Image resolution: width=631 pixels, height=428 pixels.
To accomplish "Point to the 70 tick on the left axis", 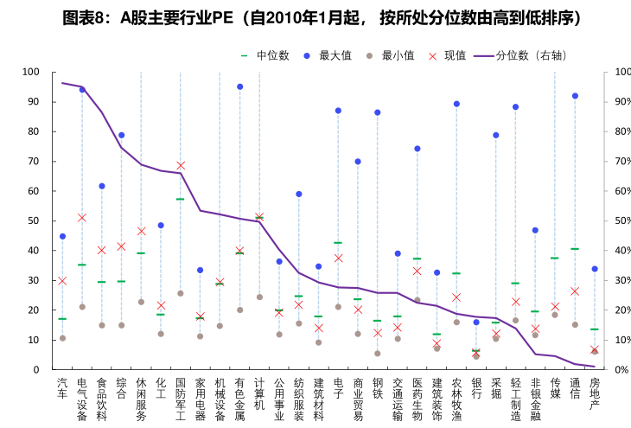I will point(34,161).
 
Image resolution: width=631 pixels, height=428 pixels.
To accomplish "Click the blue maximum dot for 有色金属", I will point(239,86).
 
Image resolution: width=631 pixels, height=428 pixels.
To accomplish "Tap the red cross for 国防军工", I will point(181,165).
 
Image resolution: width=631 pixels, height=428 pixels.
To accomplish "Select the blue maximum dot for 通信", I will point(575,96).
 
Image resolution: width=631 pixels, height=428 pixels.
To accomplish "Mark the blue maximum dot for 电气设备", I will point(82,90).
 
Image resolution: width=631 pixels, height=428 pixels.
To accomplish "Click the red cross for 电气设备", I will point(82,218).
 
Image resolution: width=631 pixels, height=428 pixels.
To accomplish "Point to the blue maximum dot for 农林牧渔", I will point(456,104).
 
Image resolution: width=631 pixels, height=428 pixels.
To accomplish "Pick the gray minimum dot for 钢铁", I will point(378,353).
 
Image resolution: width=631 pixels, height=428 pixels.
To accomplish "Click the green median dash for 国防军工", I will point(181,199).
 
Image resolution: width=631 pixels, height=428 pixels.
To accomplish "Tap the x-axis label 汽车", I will point(62,387).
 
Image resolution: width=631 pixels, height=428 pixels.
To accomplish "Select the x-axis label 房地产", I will point(595,393).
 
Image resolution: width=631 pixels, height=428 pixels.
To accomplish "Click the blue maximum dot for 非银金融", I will point(535,230).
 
